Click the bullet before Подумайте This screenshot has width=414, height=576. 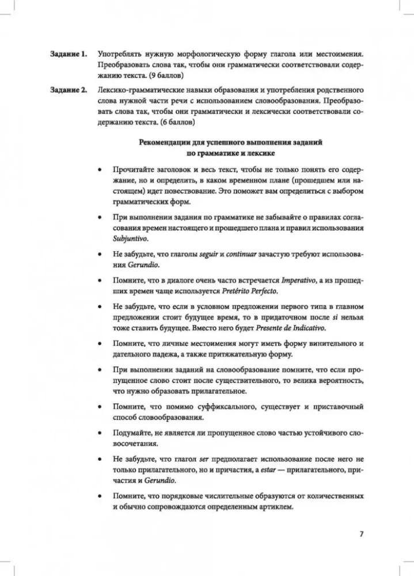point(101,433)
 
